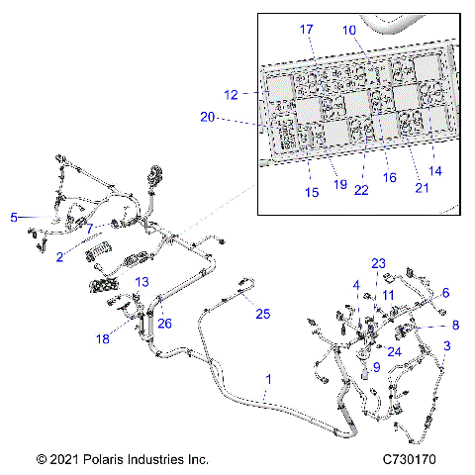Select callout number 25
pos(261,314)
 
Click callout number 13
pos(142,282)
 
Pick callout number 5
pos(14,217)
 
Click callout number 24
pos(394,350)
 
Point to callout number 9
pos(376,367)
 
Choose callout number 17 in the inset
pos(307,30)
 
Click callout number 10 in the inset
pos(348,30)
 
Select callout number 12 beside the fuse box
pos(231,95)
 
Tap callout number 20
pos(207,117)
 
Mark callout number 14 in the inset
pos(435,170)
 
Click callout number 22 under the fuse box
pos(361,190)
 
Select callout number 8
pos(455,324)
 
